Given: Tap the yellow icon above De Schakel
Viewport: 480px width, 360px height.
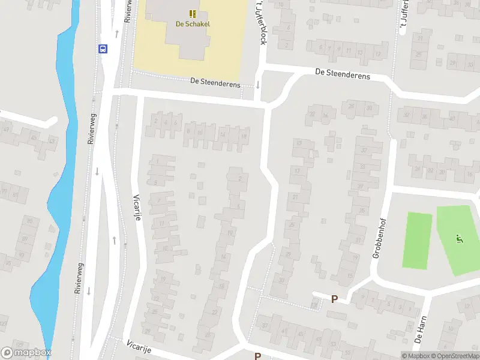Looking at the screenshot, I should point(193,13).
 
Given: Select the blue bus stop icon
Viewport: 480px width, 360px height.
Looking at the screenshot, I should point(103,49).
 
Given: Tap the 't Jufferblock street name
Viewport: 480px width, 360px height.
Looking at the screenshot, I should point(261,22).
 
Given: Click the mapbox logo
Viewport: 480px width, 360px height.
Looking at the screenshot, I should point(26,353).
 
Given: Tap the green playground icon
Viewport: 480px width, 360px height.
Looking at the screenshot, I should point(460,239).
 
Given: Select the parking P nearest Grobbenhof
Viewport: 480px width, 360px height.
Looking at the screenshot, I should point(334,299).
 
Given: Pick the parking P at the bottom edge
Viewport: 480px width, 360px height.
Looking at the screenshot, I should point(257,356).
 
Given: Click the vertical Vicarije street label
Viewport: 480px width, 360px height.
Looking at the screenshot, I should point(137,207).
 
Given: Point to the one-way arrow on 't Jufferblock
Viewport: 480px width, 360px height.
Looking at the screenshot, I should point(257,85).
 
